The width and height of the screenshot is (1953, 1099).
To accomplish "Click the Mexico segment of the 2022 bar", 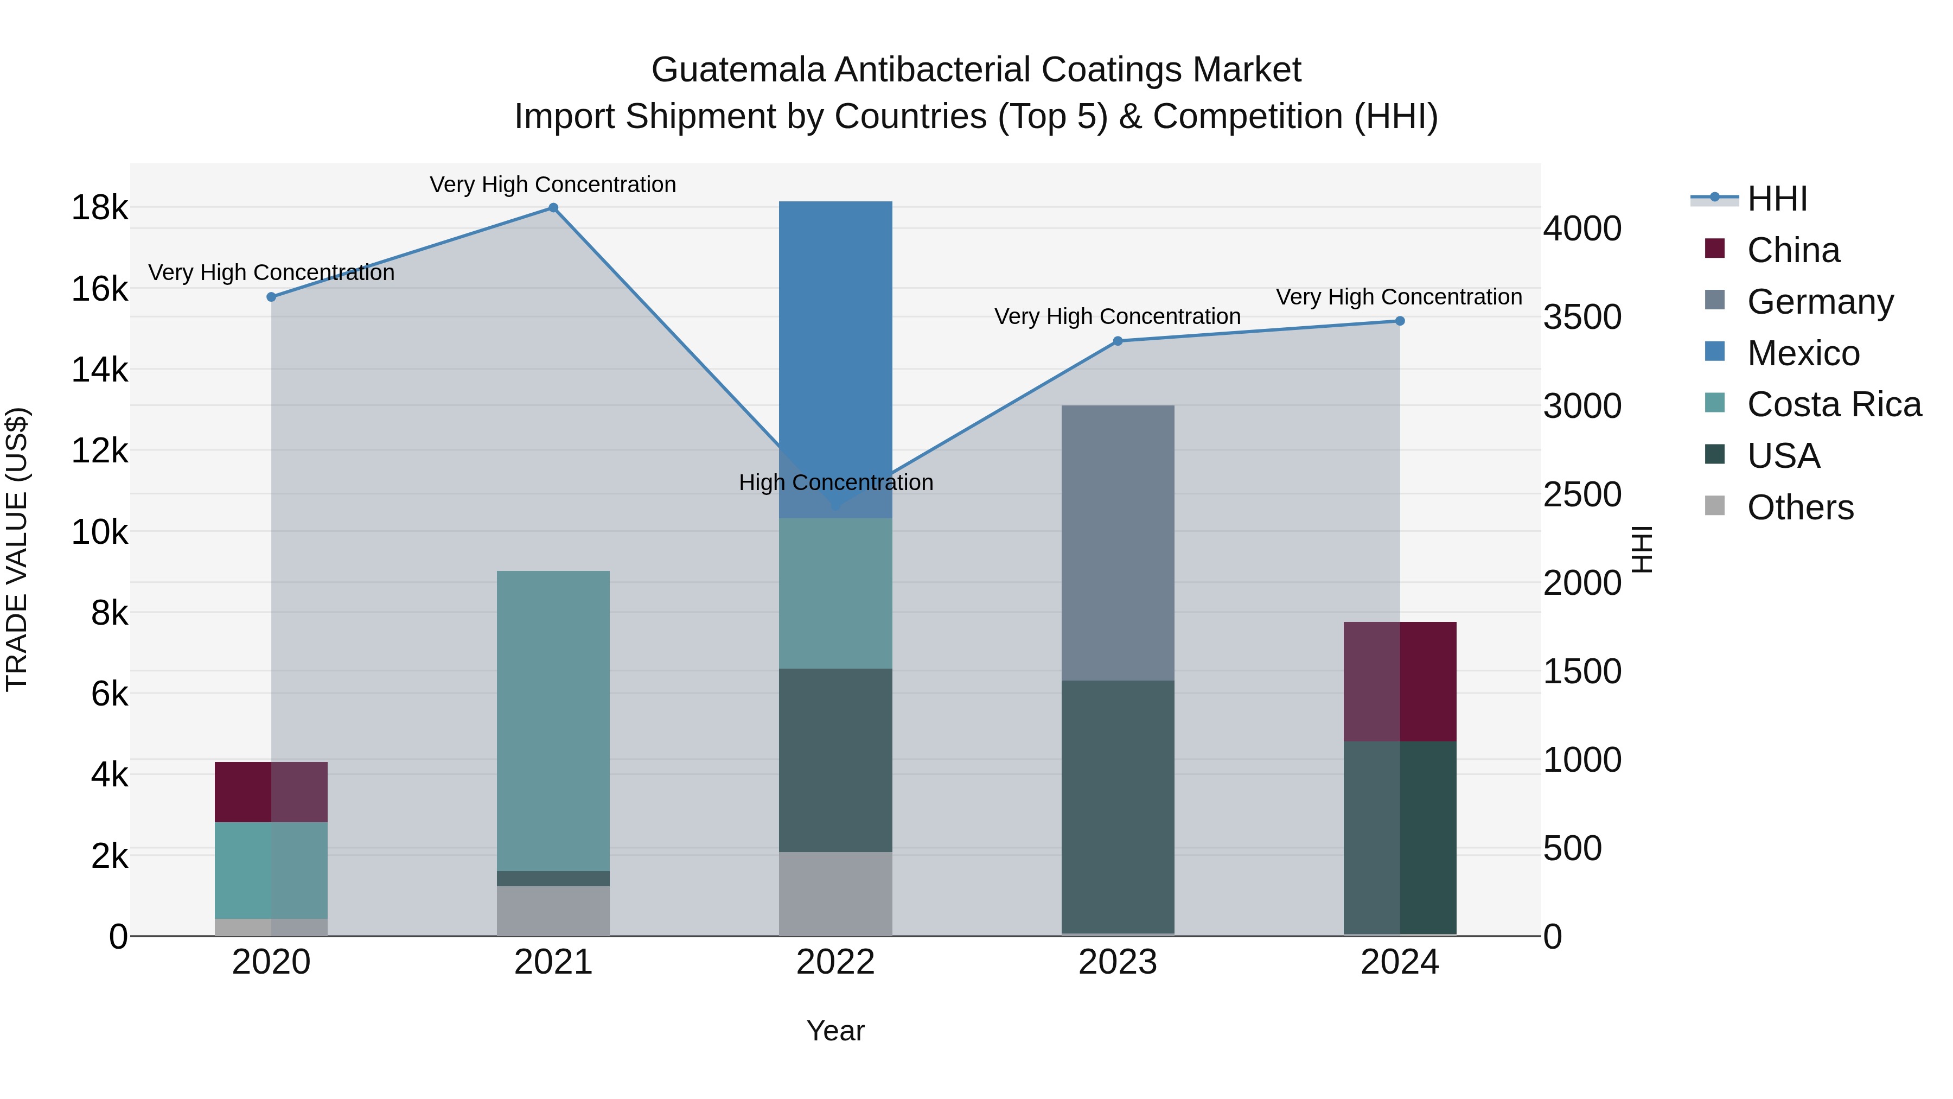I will (835, 357).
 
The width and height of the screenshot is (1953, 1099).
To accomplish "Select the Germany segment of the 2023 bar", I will (1117, 542).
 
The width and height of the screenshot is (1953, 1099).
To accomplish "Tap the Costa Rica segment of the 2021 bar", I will (553, 721).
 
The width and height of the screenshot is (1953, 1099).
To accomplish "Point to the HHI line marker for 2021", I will (553, 208).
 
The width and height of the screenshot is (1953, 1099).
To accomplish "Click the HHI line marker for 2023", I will (1117, 341).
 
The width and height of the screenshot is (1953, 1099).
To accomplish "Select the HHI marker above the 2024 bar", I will (1400, 321).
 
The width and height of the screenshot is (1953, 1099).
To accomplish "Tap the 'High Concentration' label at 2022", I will (835, 482).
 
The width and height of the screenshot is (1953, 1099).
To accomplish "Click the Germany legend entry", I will (1820, 301).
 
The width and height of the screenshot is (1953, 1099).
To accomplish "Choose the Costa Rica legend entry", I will (1833, 404).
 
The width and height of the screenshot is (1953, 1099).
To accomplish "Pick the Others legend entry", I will (1800, 507).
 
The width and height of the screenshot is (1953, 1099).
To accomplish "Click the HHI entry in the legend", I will (1776, 199).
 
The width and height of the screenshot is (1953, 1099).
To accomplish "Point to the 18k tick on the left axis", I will (99, 208).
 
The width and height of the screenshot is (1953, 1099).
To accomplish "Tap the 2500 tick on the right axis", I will (1582, 494).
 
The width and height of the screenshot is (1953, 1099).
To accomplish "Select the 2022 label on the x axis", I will (835, 962).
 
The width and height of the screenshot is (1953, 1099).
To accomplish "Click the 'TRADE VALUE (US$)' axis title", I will (17, 549).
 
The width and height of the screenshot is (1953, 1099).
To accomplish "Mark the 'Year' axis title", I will (835, 1031).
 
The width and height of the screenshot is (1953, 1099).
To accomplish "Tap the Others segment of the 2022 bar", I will (835, 893).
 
